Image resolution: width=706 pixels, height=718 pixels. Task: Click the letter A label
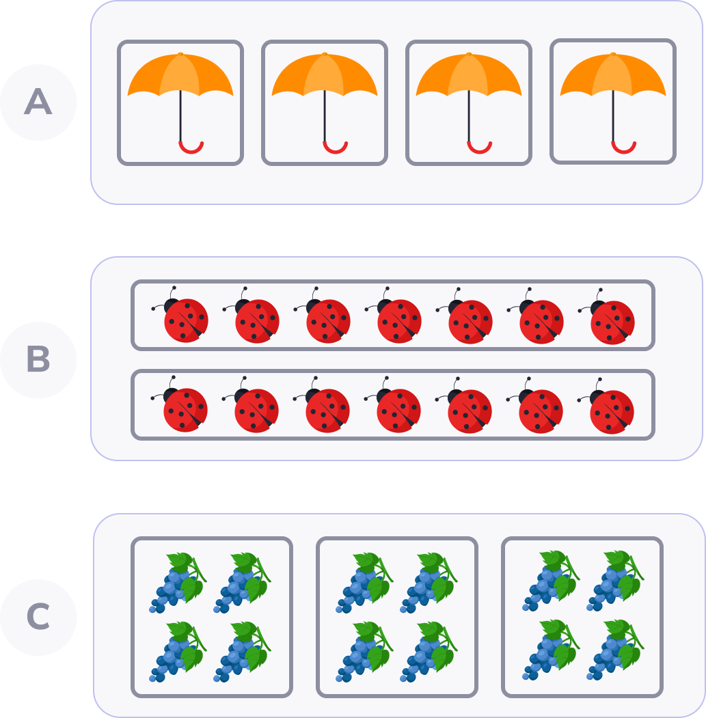click(x=38, y=102)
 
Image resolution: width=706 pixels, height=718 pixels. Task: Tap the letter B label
click(x=38, y=359)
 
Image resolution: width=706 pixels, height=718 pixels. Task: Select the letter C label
click(x=38, y=617)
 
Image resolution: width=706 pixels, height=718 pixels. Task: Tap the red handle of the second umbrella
click(x=335, y=147)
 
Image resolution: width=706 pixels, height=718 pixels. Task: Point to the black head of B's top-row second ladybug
click(x=243, y=306)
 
